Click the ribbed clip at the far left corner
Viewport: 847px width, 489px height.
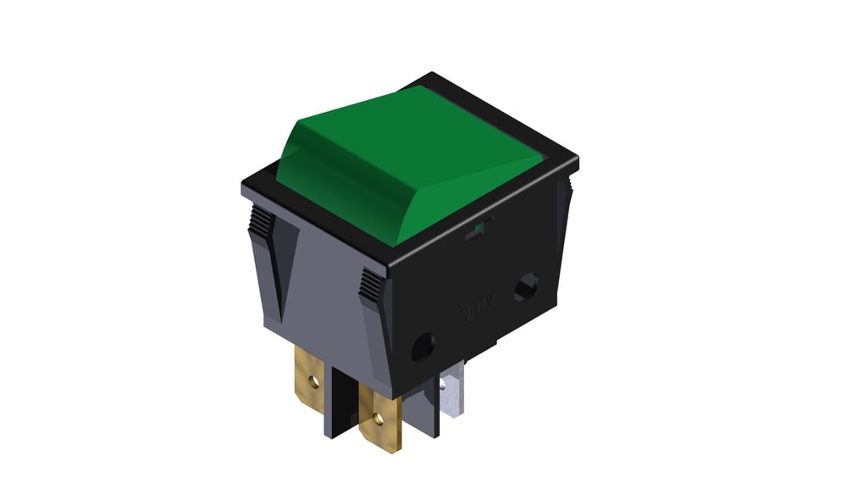[x=262, y=224]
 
